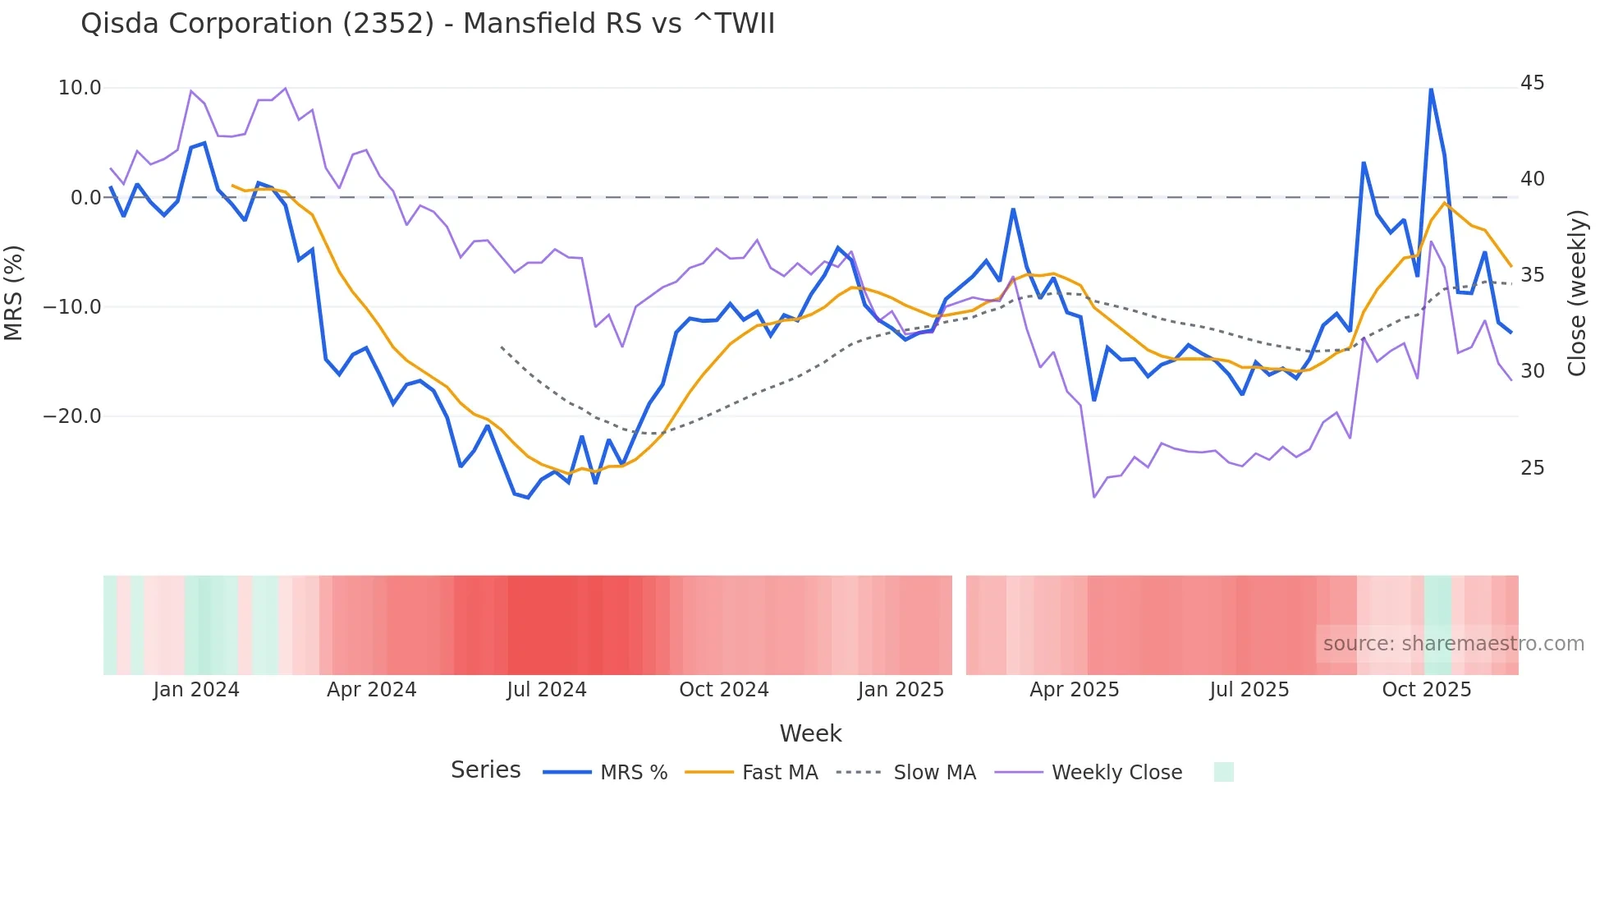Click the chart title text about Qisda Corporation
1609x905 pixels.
[x=427, y=24]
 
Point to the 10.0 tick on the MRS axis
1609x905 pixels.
[x=80, y=88]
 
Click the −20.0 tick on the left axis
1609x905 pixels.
[x=72, y=416]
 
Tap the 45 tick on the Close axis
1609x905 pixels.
[x=1532, y=83]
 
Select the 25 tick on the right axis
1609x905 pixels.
[x=1532, y=468]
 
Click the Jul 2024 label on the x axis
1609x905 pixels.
[x=546, y=690]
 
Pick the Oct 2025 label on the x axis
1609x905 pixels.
[x=1426, y=690]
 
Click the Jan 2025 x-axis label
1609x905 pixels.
[x=901, y=690]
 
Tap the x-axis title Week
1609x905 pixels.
[x=810, y=733]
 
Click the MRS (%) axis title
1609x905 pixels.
[x=14, y=292]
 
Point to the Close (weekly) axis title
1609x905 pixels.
[x=1577, y=292]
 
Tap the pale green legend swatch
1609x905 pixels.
[x=1223, y=772]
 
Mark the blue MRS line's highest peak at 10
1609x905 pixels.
[x=1431, y=89]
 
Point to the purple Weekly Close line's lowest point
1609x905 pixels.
[x=1094, y=497]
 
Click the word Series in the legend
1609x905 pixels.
[x=485, y=770]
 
